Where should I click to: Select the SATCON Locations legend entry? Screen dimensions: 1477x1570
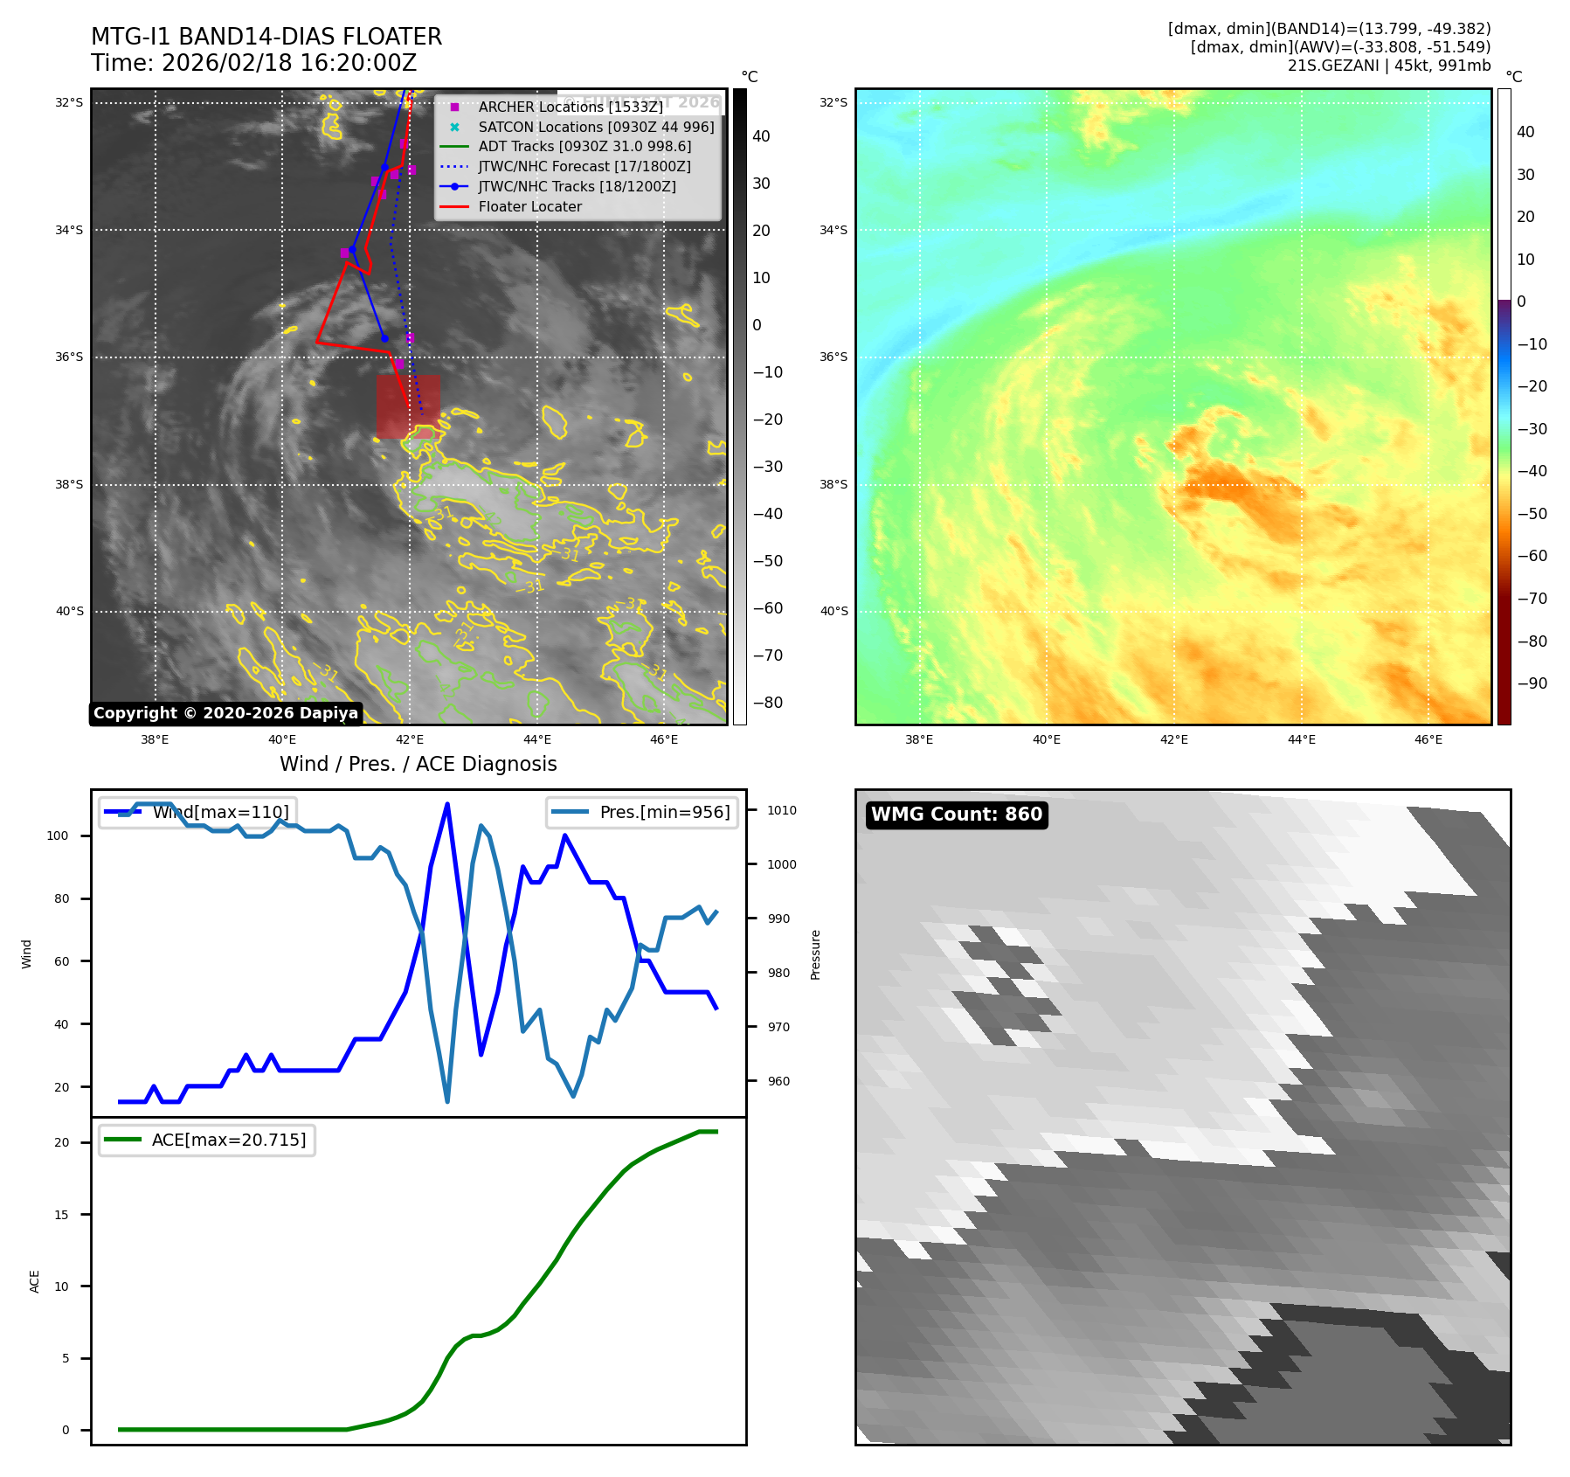[595, 127]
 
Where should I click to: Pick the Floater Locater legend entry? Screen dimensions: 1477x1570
[529, 206]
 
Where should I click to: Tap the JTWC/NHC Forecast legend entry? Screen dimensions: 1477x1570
[584, 166]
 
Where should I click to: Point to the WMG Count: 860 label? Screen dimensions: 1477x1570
[957, 815]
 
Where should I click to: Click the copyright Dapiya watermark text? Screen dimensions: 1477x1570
[225, 713]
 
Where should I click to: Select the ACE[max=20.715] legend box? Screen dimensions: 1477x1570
[207, 1140]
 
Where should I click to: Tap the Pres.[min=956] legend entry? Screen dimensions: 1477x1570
[642, 812]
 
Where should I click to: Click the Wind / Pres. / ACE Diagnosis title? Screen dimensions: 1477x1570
[418, 764]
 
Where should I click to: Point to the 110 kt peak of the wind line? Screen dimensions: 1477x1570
[447, 804]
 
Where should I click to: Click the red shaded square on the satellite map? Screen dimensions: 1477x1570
[408, 407]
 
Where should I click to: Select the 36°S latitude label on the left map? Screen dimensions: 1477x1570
[70, 357]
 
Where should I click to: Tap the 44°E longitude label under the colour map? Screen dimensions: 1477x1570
[1301, 739]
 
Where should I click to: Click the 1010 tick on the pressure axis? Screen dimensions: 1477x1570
[781, 810]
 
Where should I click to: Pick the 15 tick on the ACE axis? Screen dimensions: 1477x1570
[62, 1215]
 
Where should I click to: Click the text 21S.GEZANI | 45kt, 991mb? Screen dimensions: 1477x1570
[1388, 66]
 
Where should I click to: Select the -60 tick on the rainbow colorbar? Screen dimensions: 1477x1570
[1532, 556]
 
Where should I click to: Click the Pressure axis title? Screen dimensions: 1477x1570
[815, 954]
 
